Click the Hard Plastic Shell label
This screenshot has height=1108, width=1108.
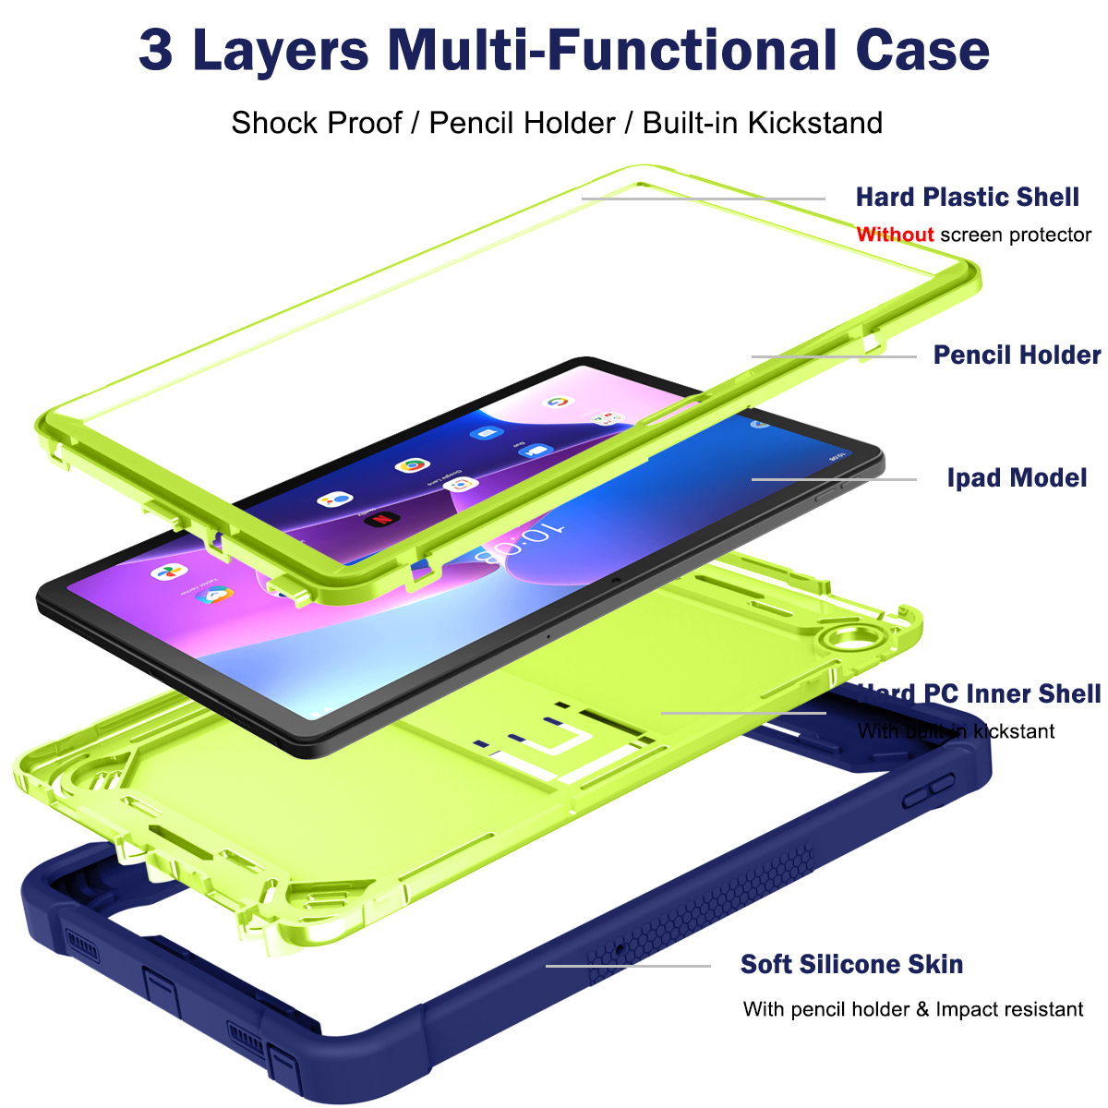click(967, 197)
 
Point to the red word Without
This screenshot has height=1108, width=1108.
click(895, 235)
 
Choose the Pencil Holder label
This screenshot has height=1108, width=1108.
click(1017, 355)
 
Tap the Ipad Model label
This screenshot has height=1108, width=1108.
click(1017, 478)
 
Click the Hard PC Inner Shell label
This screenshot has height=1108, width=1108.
click(979, 693)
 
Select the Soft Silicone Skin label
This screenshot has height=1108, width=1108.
click(851, 965)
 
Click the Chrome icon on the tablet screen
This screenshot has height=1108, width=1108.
click(412, 465)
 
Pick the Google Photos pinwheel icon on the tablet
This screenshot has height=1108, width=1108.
click(169, 572)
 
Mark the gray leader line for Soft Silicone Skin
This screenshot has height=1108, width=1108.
click(628, 966)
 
